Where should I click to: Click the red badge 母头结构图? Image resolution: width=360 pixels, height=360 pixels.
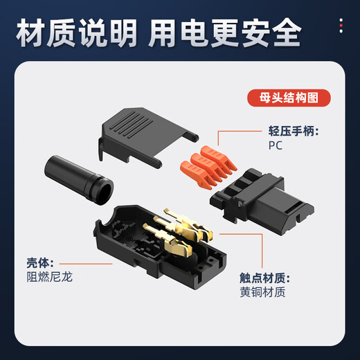(284, 98)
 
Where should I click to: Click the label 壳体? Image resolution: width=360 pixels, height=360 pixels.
(40, 263)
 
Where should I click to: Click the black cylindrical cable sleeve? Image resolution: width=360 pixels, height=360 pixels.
(76, 180)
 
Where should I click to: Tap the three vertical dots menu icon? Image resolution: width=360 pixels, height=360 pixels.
(341, 26)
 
